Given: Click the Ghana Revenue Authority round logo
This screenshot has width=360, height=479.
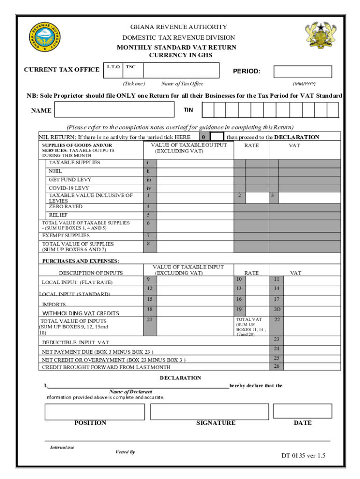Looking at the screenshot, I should coord(44,37).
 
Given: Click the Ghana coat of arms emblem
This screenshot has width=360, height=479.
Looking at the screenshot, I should coord(320,36).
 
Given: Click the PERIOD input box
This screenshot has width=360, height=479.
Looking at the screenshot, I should coord(302,72).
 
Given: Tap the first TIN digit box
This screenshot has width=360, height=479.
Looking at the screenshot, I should coord(208,110).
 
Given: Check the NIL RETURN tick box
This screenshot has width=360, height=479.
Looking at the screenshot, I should coord(216,137).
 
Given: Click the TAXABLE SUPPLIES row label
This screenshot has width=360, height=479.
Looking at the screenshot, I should coord(74,163).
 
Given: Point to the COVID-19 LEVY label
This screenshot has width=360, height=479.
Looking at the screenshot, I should coord(69,188).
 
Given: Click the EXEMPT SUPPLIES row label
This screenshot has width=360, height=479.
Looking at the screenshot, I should coord(66,235).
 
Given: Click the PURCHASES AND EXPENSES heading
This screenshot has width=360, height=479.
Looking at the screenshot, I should coord(81,261).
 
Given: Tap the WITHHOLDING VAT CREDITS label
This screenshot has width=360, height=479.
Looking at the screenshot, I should coord(81,313).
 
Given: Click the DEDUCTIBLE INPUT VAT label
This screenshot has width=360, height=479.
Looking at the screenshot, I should coord(76,342).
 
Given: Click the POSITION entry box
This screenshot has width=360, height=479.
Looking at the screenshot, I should coord(94,411).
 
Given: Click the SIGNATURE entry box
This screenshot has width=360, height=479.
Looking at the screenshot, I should coord(209,411).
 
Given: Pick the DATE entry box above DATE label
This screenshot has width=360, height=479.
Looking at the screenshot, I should coord(302,411).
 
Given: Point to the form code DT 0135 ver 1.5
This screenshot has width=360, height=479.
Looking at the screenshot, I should coord(303,456).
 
